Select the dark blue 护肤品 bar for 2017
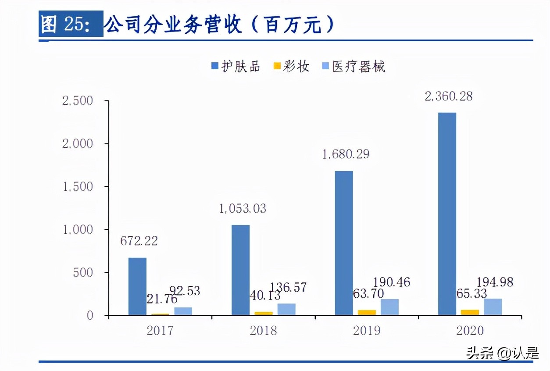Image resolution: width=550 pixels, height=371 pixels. (x=137, y=286)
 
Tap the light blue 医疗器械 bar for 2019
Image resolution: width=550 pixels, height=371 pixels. (x=389, y=307)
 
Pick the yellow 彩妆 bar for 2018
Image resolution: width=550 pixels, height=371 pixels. (x=264, y=313)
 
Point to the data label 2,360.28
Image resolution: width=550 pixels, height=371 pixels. (x=449, y=96)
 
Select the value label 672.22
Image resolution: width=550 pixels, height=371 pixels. (x=139, y=241)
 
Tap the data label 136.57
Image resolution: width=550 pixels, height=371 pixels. (x=288, y=288)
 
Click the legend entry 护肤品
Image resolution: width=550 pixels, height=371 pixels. (x=236, y=67)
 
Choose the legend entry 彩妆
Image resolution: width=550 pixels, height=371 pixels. (x=291, y=67)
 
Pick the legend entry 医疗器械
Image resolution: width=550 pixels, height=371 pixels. (x=353, y=67)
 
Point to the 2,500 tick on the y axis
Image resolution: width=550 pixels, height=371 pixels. (x=78, y=101)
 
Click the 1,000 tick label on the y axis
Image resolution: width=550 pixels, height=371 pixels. (x=78, y=230)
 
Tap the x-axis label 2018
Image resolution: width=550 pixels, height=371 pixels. (x=263, y=330)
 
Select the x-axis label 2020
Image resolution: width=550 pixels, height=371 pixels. (x=470, y=330)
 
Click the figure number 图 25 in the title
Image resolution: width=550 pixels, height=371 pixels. (x=66, y=25)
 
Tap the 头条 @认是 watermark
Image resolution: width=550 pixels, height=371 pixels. (x=502, y=353)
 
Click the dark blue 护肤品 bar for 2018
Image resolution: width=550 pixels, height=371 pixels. (x=240, y=270)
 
